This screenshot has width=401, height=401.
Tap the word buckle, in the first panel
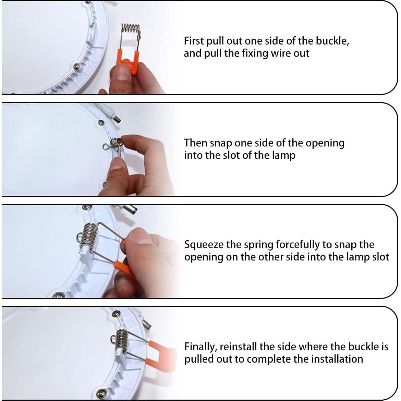332,41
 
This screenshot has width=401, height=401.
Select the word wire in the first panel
280,53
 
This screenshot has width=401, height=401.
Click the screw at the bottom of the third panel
59,295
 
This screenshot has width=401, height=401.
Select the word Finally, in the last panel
200,347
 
